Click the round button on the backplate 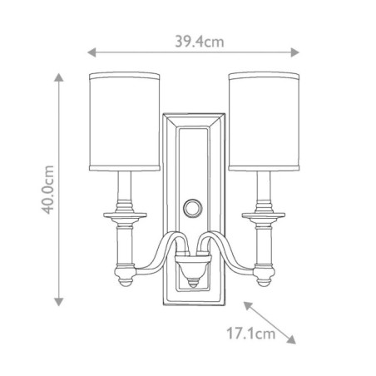193,205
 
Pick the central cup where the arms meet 193,271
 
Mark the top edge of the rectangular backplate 193,111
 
